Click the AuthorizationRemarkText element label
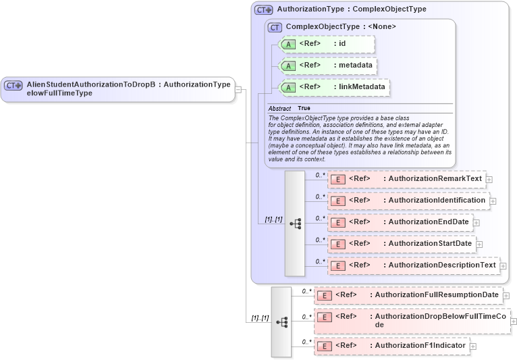tap(435, 179)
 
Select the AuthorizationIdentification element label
tap(437, 200)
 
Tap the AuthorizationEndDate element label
tap(428, 222)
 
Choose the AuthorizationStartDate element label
tap(430, 243)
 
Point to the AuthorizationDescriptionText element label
tap(442, 265)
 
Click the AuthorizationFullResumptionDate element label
tap(437, 294)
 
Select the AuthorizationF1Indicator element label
tap(420, 345)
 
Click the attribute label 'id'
tap(342, 44)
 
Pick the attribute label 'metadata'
tap(355, 66)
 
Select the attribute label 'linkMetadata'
tap(362, 87)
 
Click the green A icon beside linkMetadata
tap(288, 87)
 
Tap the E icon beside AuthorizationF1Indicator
tap(325, 346)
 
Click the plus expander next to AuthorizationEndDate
tap(477, 222)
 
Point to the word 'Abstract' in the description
tap(279, 108)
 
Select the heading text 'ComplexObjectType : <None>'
tap(341, 26)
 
